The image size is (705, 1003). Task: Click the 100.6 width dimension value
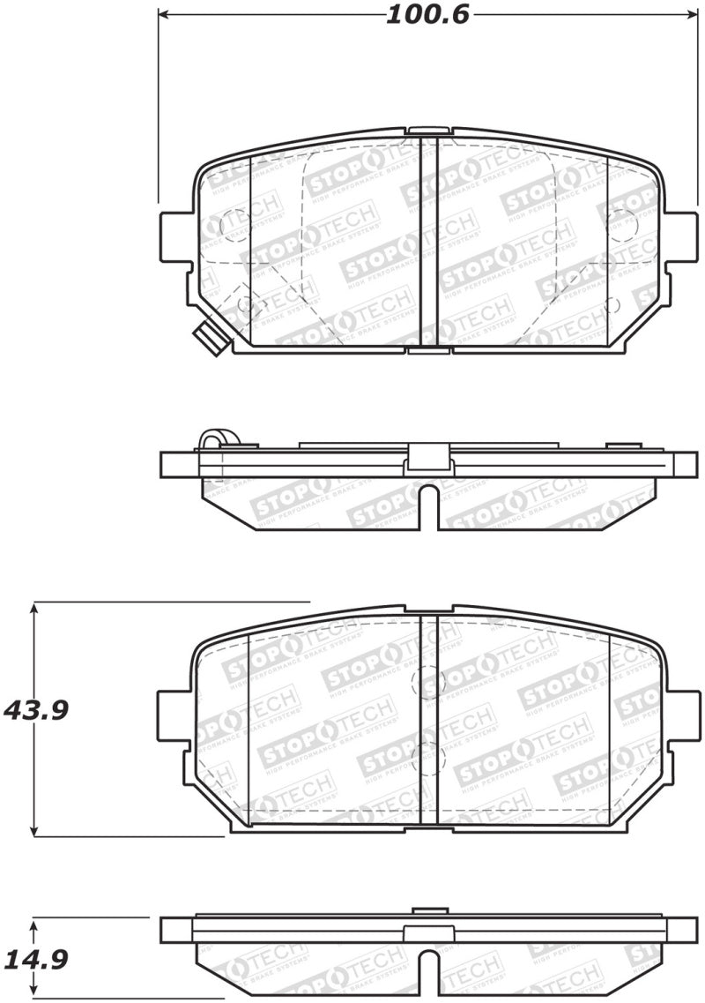pyautogui.click(x=427, y=15)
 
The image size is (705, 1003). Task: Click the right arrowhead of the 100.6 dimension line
pyautogui.click(x=693, y=15)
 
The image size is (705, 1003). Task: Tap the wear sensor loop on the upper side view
pyautogui.click(x=211, y=438)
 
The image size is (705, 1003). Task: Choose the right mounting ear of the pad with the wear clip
pyautogui.click(x=681, y=237)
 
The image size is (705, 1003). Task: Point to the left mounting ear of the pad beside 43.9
pyautogui.click(x=173, y=715)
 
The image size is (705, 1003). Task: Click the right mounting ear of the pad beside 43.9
pyautogui.click(x=679, y=715)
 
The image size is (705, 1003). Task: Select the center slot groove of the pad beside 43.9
pyautogui.click(x=428, y=719)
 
